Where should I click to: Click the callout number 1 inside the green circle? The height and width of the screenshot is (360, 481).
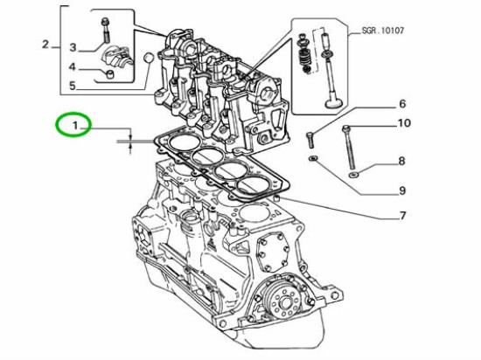pos(76,127)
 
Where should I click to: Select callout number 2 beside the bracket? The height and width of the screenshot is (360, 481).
pos(45,44)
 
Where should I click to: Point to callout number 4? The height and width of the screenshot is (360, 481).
pos(74,66)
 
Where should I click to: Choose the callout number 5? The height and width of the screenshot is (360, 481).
pos(74,86)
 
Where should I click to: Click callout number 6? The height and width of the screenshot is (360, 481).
pos(403,104)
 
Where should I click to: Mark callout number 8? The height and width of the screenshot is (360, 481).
pos(402,161)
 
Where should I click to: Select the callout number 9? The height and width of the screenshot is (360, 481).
pos(403,190)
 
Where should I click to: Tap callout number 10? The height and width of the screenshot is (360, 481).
pos(403,123)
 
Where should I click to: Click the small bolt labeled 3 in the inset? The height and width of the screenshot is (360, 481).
pos(106,29)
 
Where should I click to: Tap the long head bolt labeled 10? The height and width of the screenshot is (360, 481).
pos(351,149)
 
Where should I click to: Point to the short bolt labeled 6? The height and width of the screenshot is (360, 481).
pos(309,137)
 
